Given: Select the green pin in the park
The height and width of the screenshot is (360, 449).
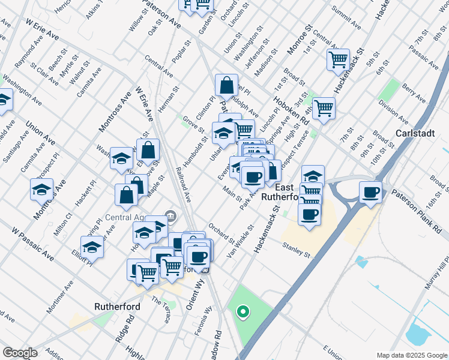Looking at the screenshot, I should tap(243, 311).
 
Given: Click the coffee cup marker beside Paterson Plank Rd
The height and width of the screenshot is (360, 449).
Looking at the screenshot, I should tap(371, 193).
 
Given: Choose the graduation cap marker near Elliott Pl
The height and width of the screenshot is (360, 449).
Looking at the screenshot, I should tap(92, 247).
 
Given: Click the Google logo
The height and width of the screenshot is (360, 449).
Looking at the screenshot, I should tap(20, 353).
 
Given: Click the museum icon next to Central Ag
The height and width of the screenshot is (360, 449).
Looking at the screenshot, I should tap(170, 214).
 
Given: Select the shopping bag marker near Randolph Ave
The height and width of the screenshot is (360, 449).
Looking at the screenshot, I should tap(227, 86).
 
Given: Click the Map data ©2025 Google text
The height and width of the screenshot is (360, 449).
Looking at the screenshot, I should tap(411, 355).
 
